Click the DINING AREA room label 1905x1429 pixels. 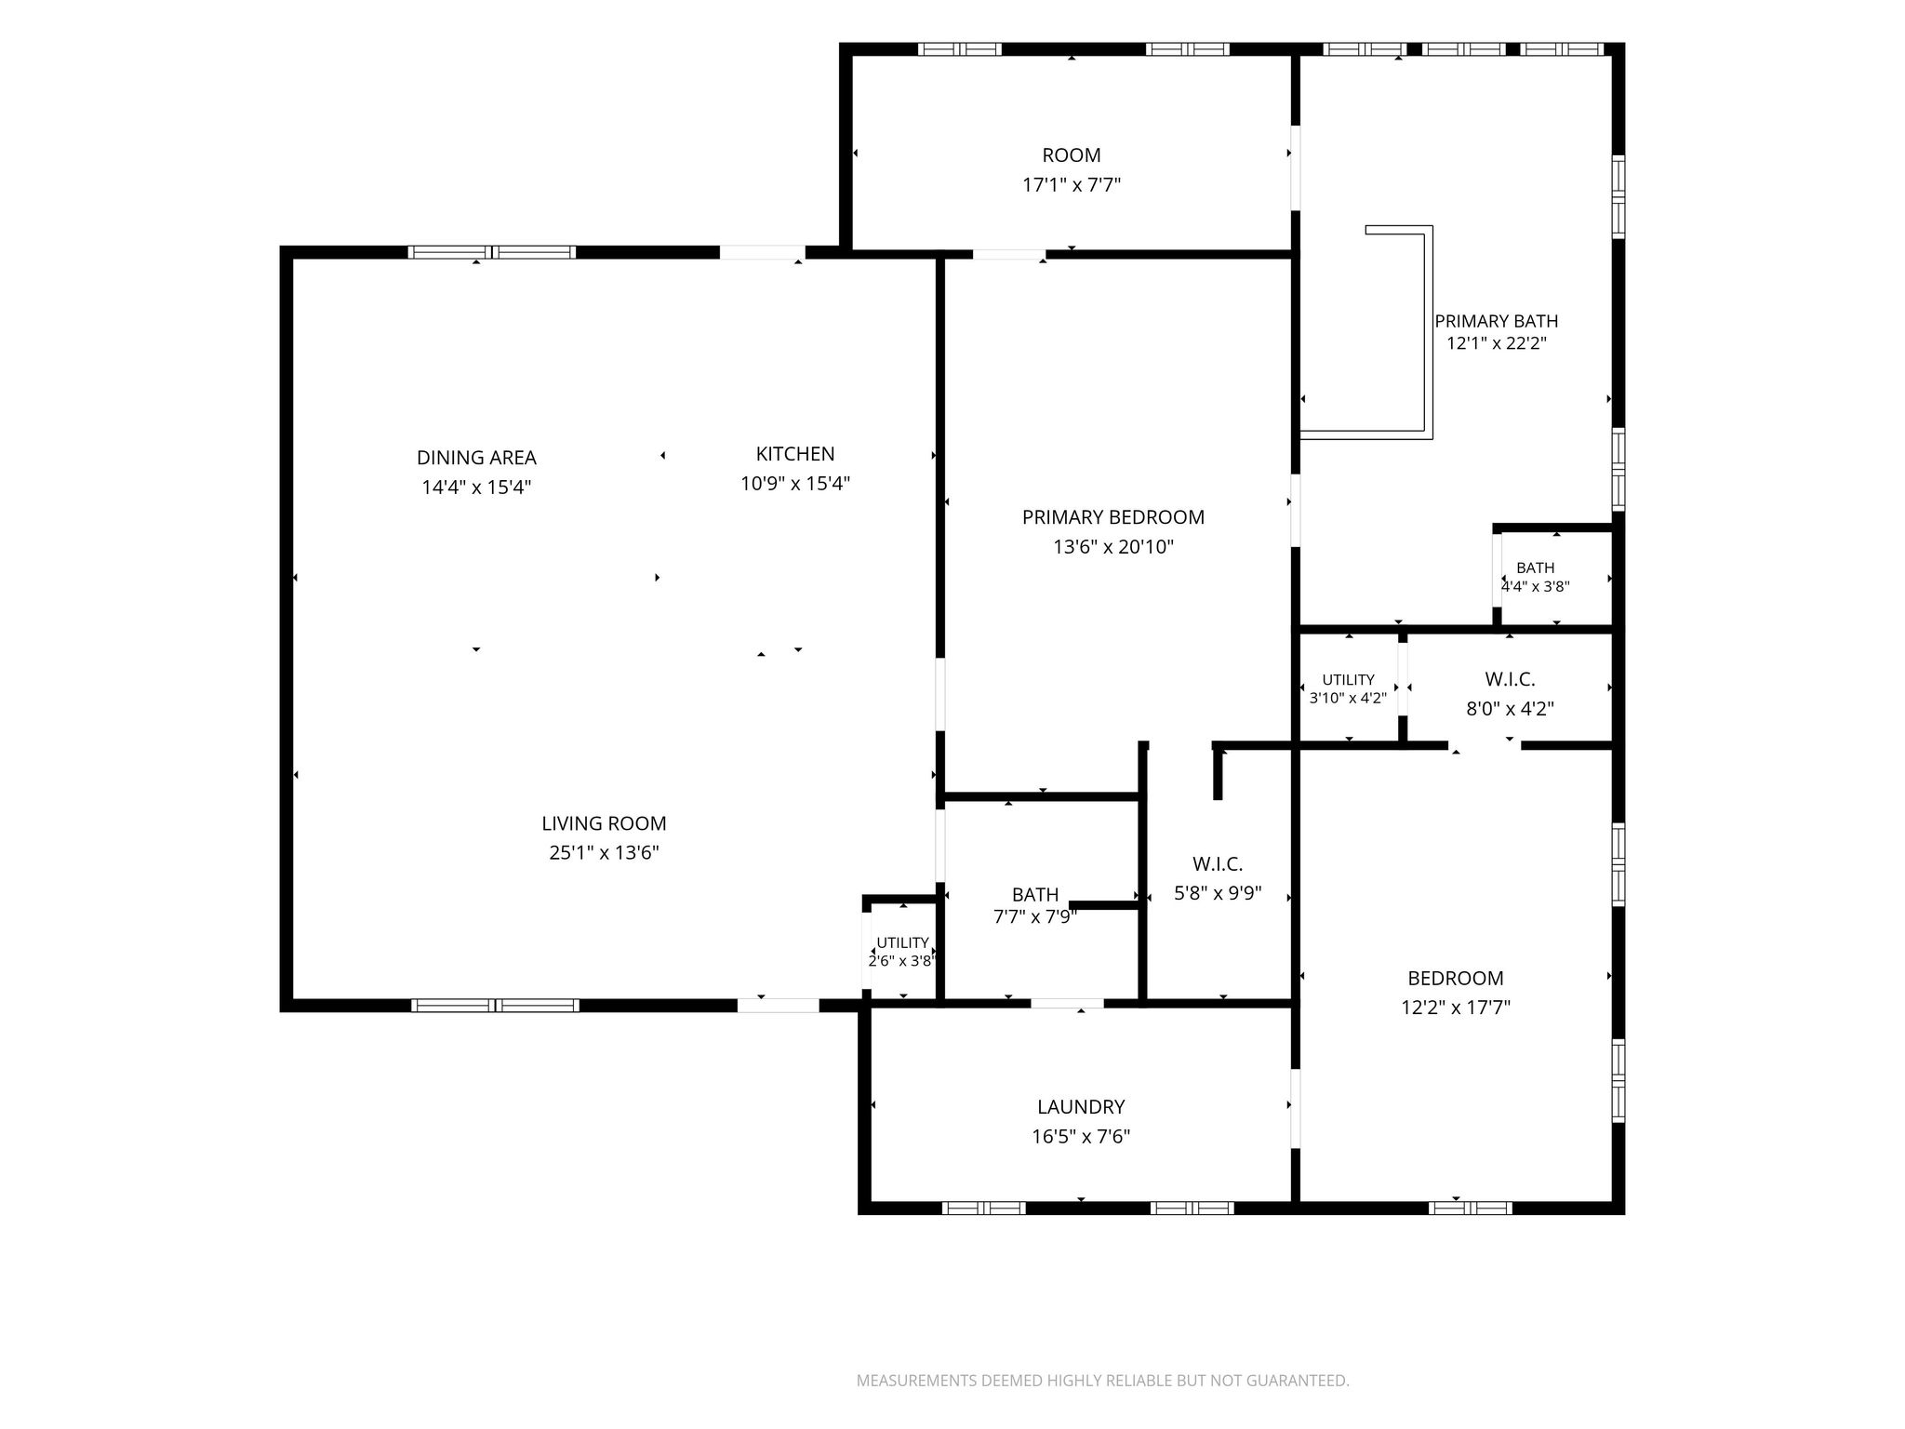[x=476, y=458]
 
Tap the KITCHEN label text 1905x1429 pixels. [x=795, y=454]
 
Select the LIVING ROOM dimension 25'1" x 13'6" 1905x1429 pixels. [x=605, y=853]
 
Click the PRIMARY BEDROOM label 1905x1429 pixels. [x=1113, y=517]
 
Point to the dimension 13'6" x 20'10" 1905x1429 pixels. [x=1113, y=547]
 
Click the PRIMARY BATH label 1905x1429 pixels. [x=1497, y=321]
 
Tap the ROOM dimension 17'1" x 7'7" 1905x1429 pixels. [x=1072, y=185]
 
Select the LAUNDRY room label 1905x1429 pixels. [x=1081, y=1107]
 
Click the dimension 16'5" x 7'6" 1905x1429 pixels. [x=1081, y=1137]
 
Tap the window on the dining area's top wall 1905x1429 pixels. [x=492, y=252]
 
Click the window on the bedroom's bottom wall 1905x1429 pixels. [x=1470, y=1209]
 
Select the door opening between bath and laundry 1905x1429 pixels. [x=1067, y=1003]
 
